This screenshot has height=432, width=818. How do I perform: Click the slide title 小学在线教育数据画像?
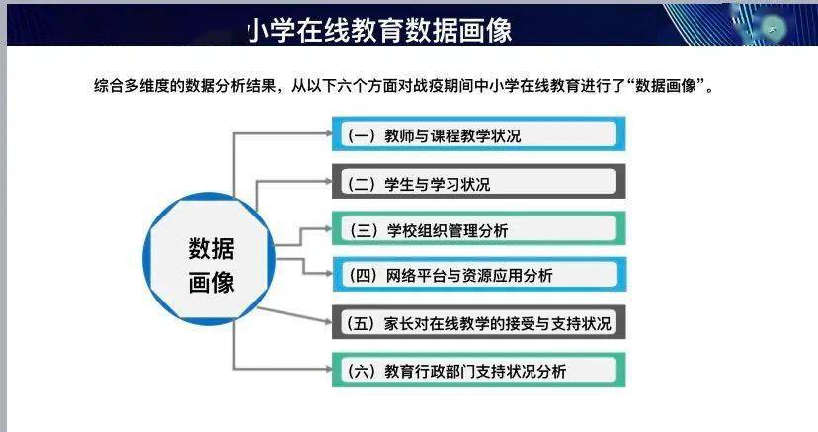coord(379,30)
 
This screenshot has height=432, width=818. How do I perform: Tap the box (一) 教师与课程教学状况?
coord(479,134)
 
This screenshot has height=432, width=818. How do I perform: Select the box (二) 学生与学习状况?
coord(479,182)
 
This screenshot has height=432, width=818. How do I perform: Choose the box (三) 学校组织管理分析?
coord(479,228)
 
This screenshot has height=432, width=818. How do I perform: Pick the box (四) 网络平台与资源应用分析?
coord(479,274)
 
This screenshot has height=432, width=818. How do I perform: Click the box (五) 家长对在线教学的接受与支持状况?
coord(479,322)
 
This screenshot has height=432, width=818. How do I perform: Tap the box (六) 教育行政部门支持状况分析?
coord(479,370)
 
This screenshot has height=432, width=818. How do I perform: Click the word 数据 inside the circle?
coord(211,248)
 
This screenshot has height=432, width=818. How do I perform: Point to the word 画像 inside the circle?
coord(211,283)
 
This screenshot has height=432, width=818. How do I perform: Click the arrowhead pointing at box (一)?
coord(329,133)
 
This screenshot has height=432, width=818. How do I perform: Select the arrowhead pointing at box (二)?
coord(329,182)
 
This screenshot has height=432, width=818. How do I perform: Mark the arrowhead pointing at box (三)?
coord(329,228)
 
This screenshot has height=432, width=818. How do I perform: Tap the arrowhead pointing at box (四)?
coord(329,274)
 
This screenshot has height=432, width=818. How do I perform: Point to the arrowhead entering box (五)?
coord(329,322)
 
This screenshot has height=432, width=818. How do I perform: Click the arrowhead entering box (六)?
coord(329,369)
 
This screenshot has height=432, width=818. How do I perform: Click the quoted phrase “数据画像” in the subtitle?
coord(666,85)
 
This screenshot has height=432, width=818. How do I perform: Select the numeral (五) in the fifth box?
coord(361,323)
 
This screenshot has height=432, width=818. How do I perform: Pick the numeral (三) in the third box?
coord(364,230)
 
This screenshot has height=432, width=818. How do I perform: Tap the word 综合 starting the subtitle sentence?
coord(109,86)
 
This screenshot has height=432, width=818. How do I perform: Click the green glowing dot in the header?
coord(773,29)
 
